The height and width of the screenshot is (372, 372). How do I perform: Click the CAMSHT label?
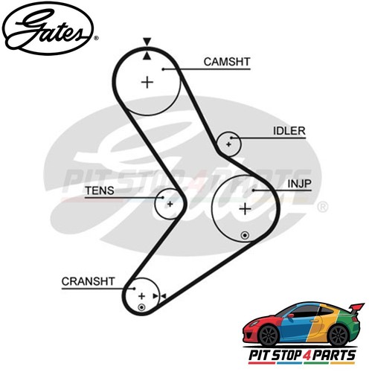tap(227, 62)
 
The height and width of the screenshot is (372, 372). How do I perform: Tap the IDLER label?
tap(289, 131)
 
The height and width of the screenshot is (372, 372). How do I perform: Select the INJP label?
tap(299, 184)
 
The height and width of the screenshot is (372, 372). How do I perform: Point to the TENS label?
tap(100, 190)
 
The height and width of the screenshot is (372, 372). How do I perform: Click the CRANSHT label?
tap(89, 281)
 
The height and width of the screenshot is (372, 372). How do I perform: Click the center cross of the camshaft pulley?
tap(147, 83)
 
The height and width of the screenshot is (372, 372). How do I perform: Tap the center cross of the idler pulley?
tap(228, 144)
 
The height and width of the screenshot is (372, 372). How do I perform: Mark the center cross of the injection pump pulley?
tap(245, 209)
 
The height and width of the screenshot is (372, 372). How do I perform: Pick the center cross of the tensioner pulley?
tap(170, 204)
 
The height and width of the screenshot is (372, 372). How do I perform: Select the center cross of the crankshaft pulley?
tap(141, 296)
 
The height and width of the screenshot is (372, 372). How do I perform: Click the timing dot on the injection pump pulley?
tap(245, 235)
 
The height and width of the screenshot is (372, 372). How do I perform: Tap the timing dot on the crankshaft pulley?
tap(141, 308)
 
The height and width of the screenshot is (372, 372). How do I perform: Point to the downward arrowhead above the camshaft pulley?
tap(147, 42)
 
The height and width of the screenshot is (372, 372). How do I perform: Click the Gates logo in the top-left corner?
tap(48, 28)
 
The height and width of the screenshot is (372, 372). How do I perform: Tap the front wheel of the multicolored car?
tap(269, 336)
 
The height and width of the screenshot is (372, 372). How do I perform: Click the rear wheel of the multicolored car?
tap(339, 336)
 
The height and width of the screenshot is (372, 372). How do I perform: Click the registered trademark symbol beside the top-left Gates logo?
tap(96, 38)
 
